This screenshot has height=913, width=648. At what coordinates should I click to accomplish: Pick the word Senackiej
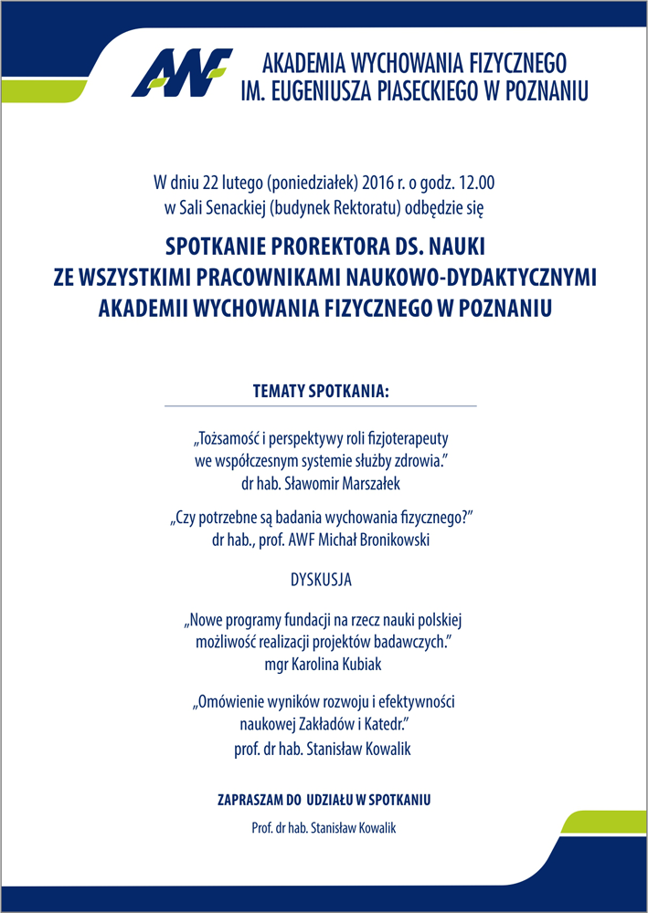coord(226,207)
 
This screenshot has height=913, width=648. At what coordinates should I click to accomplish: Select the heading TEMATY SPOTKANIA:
coord(321,391)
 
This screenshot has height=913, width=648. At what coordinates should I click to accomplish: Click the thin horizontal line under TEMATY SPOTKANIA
coord(321,405)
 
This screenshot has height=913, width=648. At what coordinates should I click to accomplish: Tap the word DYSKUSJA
coord(321,580)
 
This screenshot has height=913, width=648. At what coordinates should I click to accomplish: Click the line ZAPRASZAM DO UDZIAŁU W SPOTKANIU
coord(324,800)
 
